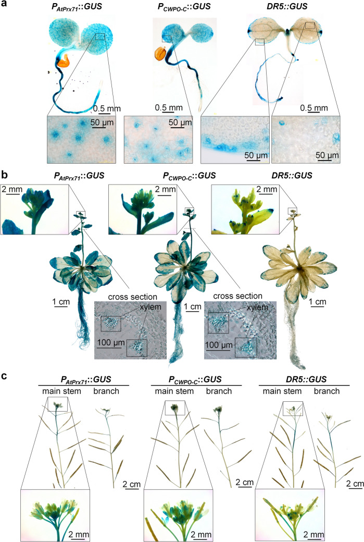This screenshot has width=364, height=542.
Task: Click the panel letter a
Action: click(5, 5)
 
